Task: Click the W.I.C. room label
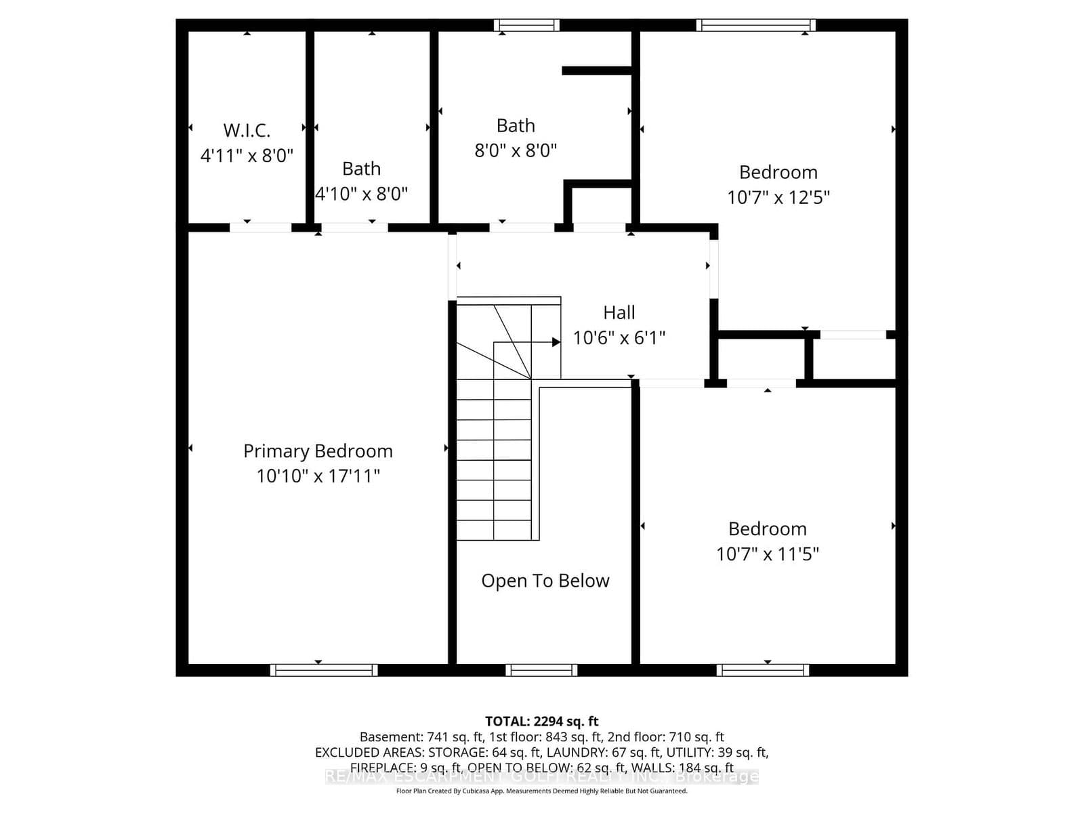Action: coord(247,129)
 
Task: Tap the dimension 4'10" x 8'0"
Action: coord(362,194)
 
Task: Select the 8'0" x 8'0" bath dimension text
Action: coord(516,150)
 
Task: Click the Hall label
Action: coord(619,312)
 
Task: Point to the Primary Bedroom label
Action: coord(318,451)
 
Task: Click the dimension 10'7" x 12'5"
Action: coord(778,197)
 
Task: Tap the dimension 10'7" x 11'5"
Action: coord(767,554)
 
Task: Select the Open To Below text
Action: coord(545,581)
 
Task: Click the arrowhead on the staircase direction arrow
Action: coord(556,342)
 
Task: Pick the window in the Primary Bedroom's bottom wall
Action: coord(324,670)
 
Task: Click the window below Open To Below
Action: coord(541,670)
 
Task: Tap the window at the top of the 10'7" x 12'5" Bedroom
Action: coord(755,26)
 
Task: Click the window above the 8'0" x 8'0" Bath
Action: coord(527,26)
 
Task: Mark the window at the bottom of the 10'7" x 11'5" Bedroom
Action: coord(763,670)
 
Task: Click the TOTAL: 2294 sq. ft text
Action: coord(541,722)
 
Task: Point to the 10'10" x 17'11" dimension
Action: coord(318,476)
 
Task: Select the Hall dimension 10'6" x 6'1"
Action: coord(619,337)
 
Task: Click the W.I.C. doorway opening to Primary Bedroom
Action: coord(261,228)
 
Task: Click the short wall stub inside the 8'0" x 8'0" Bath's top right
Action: coord(597,70)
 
